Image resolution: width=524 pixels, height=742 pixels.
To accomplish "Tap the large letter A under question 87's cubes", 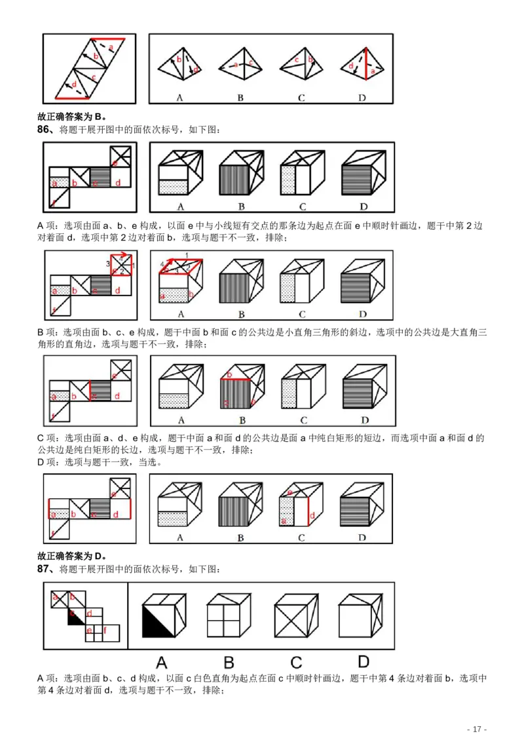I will [x=160, y=661].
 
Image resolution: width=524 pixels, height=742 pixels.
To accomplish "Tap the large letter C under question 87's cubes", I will [x=296, y=661].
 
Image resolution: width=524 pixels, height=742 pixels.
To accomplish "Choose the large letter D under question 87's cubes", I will [x=363, y=661].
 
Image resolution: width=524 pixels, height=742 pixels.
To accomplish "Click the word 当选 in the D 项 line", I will [x=152, y=461].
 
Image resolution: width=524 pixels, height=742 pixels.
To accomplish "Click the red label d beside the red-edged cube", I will [x=312, y=516].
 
